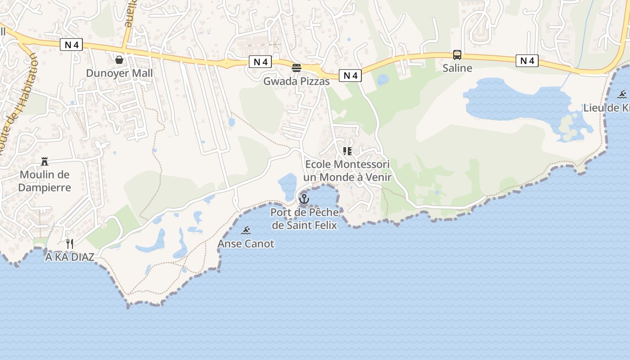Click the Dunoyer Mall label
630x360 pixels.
tap(119, 73)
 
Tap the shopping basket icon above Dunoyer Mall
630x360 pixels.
tap(119, 60)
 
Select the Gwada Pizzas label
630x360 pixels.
tap(296, 81)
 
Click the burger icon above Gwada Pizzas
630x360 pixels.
tap(296, 68)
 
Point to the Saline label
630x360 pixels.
tap(457, 68)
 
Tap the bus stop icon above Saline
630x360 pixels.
tap(457, 55)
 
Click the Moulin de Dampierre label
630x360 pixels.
tap(45, 181)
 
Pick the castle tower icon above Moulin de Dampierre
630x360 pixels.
tap(45, 161)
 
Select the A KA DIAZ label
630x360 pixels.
tap(70, 257)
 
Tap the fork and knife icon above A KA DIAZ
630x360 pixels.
tap(70, 244)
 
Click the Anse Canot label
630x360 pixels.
tap(246, 244)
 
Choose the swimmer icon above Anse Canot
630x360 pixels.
tap(246, 231)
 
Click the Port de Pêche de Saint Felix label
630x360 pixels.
tap(304, 218)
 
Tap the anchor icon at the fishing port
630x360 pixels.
tap(304, 198)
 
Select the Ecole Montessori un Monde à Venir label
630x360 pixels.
tap(347, 171)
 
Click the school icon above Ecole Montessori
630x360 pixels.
tap(347, 151)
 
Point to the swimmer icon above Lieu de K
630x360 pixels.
tap(622, 94)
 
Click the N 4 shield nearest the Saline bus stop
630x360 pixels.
tap(527, 61)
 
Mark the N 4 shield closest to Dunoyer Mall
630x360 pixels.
tap(71, 45)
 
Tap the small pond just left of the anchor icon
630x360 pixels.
tap(287, 185)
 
